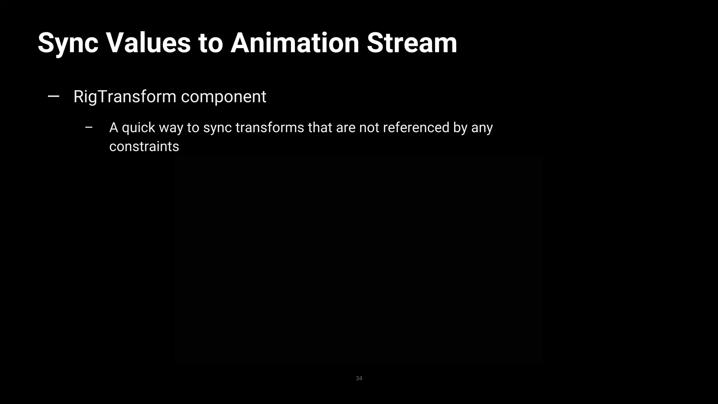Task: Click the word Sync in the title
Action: pyautogui.click(x=68, y=43)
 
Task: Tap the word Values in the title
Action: pyautogui.click(x=148, y=43)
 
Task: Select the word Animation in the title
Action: pyautogui.click(x=295, y=43)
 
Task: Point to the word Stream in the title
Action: pyautogui.click(x=412, y=43)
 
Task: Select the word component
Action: pyautogui.click(x=224, y=97)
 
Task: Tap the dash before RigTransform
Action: pyautogui.click(x=53, y=96)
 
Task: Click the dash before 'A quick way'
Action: pyautogui.click(x=89, y=128)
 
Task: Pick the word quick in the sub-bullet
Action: pyautogui.click(x=138, y=128)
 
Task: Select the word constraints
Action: pyautogui.click(x=144, y=147)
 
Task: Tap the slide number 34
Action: pyautogui.click(x=359, y=378)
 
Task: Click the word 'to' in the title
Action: pyautogui.click(x=210, y=43)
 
